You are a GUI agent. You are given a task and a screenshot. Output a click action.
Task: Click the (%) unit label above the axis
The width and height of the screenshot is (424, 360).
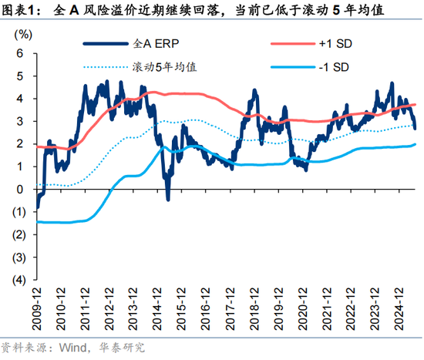(x=25, y=35)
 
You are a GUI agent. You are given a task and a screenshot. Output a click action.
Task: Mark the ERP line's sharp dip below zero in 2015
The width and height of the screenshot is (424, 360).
(x=168, y=199)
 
